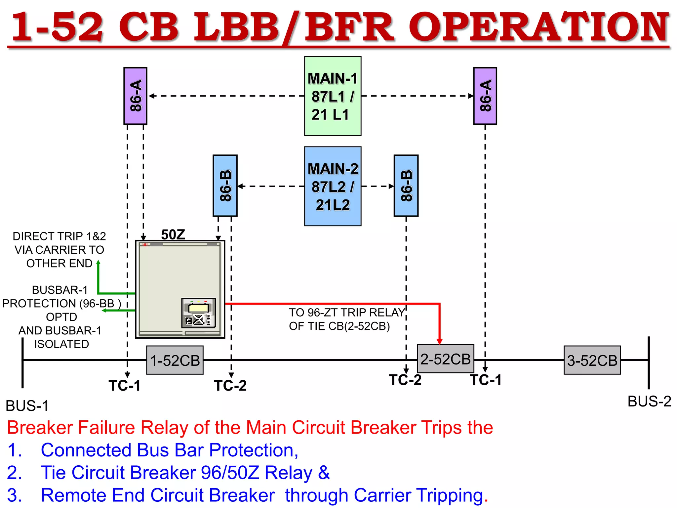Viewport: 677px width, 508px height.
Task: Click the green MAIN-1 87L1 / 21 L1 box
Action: point(333,96)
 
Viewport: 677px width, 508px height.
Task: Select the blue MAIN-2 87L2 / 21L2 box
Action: point(333,186)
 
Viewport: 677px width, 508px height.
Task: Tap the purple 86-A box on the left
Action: point(135,96)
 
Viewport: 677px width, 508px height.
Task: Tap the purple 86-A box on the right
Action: point(485,96)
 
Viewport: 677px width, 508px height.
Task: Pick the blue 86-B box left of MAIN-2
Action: point(225,186)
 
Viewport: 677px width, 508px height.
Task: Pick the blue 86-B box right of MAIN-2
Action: point(406,186)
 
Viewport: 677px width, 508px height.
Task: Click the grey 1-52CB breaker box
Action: point(175,360)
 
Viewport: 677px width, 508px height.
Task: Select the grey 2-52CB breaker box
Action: point(445,359)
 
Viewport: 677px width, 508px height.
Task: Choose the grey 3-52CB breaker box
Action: point(592,360)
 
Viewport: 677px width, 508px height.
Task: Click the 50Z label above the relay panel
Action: point(173,234)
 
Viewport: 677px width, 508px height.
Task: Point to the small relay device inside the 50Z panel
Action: point(198,313)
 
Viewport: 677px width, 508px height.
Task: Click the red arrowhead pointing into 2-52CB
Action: point(439,341)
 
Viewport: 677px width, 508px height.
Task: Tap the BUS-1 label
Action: point(27,406)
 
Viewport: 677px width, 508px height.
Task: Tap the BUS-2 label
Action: point(649,402)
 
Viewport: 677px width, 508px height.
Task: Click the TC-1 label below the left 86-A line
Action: point(125,386)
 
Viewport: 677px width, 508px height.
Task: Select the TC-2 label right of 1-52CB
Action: point(230,386)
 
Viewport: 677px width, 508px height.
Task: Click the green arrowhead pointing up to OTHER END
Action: point(98,263)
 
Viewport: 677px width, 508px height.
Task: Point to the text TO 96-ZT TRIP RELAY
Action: point(346,313)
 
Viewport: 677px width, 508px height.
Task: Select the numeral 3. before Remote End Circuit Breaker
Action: point(15,495)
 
